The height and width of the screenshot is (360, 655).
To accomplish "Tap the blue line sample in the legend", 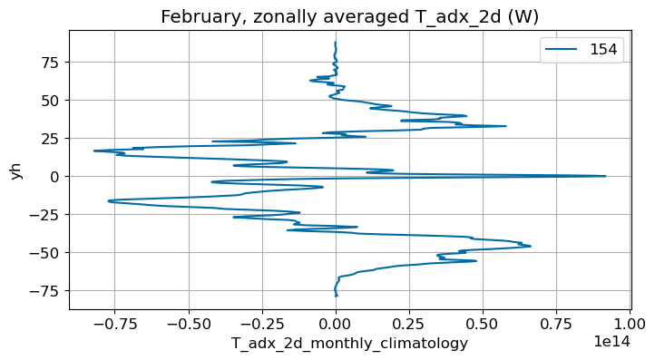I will [559, 52].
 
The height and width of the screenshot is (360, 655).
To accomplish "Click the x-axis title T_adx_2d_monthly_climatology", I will [349, 343].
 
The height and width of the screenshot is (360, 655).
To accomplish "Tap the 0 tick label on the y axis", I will [55, 176].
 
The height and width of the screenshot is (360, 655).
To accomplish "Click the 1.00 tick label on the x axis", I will [630, 323].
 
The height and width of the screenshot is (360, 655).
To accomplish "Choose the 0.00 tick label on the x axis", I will [336, 323].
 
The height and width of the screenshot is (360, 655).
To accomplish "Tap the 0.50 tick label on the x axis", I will [483, 323].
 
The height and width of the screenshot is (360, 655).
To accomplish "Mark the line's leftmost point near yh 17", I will [93, 151].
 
